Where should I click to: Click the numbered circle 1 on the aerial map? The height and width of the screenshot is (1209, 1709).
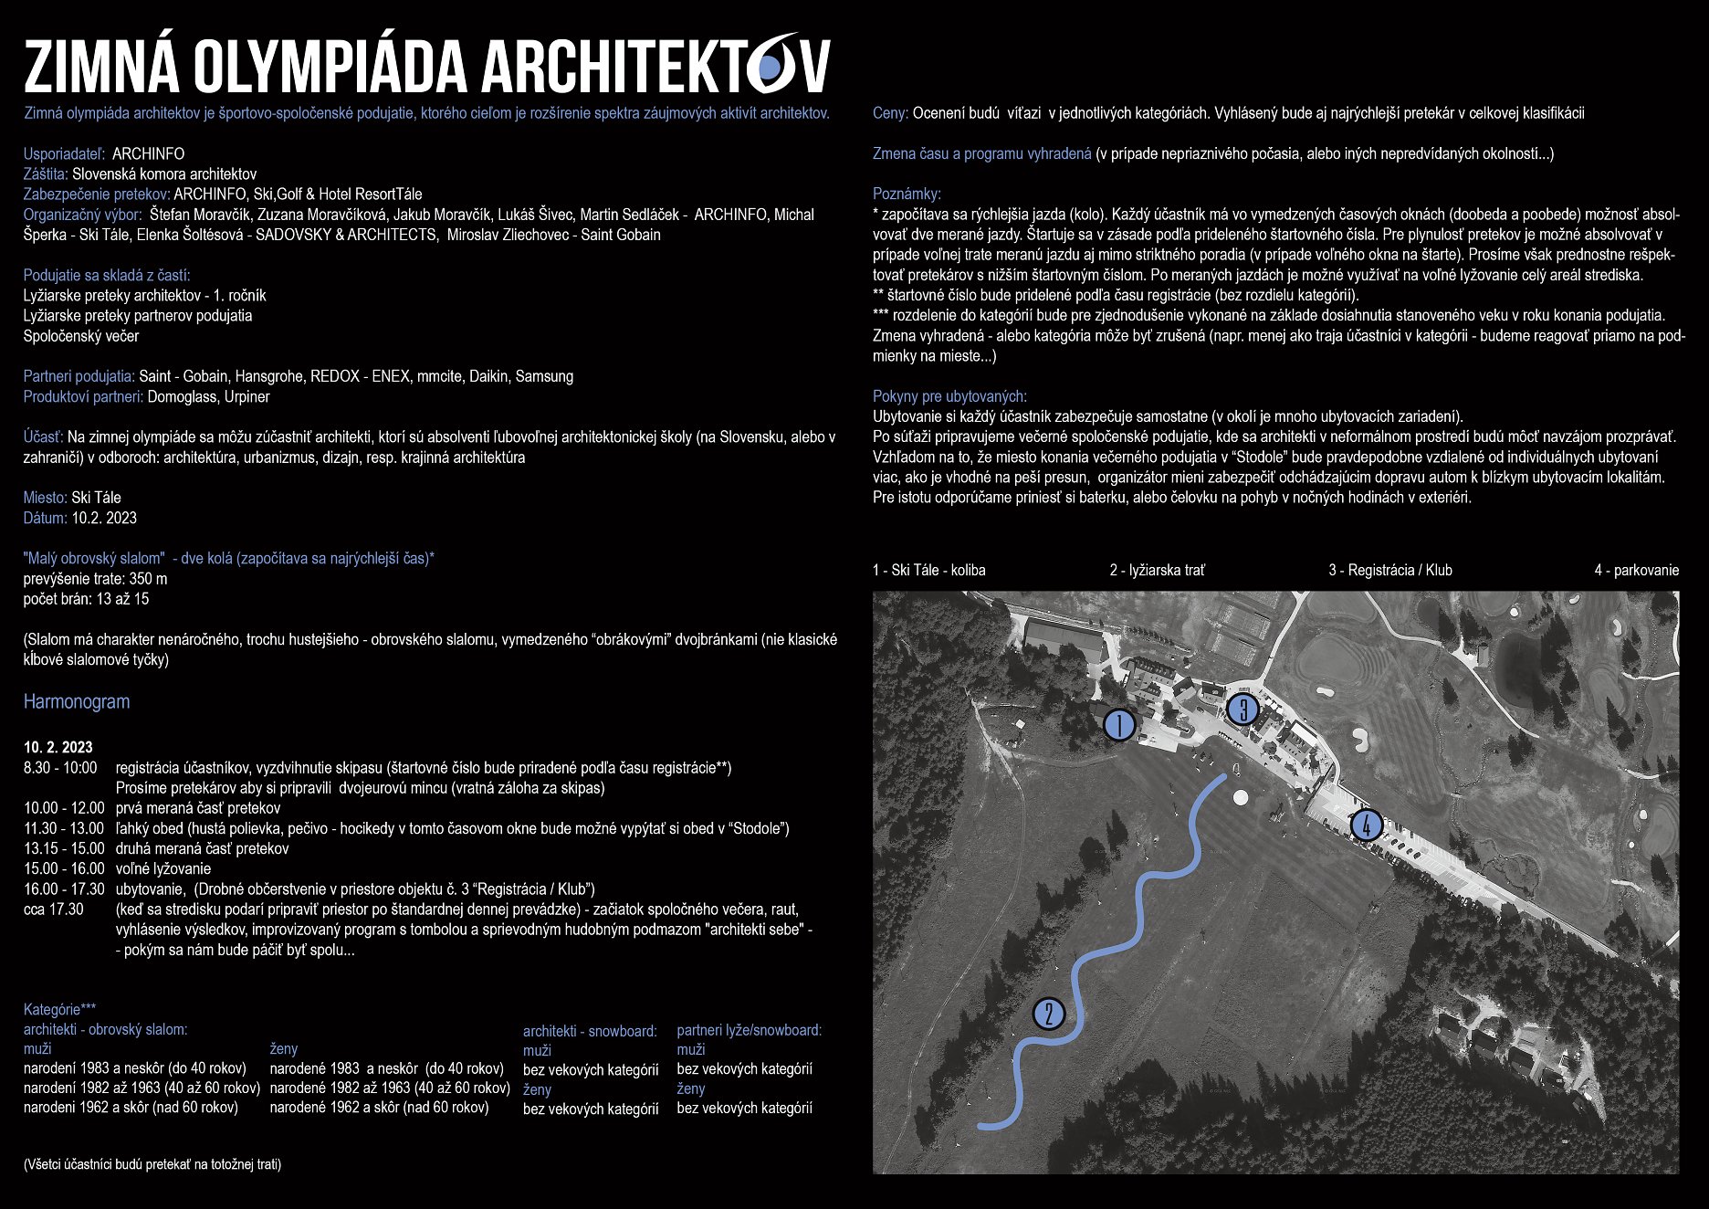1119,725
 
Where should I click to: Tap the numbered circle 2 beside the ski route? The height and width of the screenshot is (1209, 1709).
1049,1014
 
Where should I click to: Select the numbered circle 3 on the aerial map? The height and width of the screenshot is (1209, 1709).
1242,710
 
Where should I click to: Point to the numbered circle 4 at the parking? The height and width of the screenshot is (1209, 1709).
1366,825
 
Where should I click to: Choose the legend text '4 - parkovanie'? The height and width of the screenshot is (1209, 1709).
1636,570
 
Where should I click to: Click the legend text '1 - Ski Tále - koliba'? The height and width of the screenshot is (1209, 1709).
928,570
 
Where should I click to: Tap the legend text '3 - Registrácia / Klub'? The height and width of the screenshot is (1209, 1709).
1389,570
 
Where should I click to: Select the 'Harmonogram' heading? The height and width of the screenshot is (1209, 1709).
77,701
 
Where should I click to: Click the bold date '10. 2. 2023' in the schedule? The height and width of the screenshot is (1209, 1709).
58,747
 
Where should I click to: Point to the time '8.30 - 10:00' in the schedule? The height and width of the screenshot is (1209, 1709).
60,767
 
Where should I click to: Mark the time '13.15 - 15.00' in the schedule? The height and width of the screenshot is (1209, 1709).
64,848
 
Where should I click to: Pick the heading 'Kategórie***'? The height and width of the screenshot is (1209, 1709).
59,1009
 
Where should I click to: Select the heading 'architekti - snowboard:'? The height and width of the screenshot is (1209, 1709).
590,1031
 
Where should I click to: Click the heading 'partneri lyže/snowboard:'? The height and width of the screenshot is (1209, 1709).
749,1030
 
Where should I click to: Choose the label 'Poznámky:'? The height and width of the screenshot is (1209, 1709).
907,194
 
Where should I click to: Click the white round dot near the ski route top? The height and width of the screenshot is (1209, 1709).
1241,797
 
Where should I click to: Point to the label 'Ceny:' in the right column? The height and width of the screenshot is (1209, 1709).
890,113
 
